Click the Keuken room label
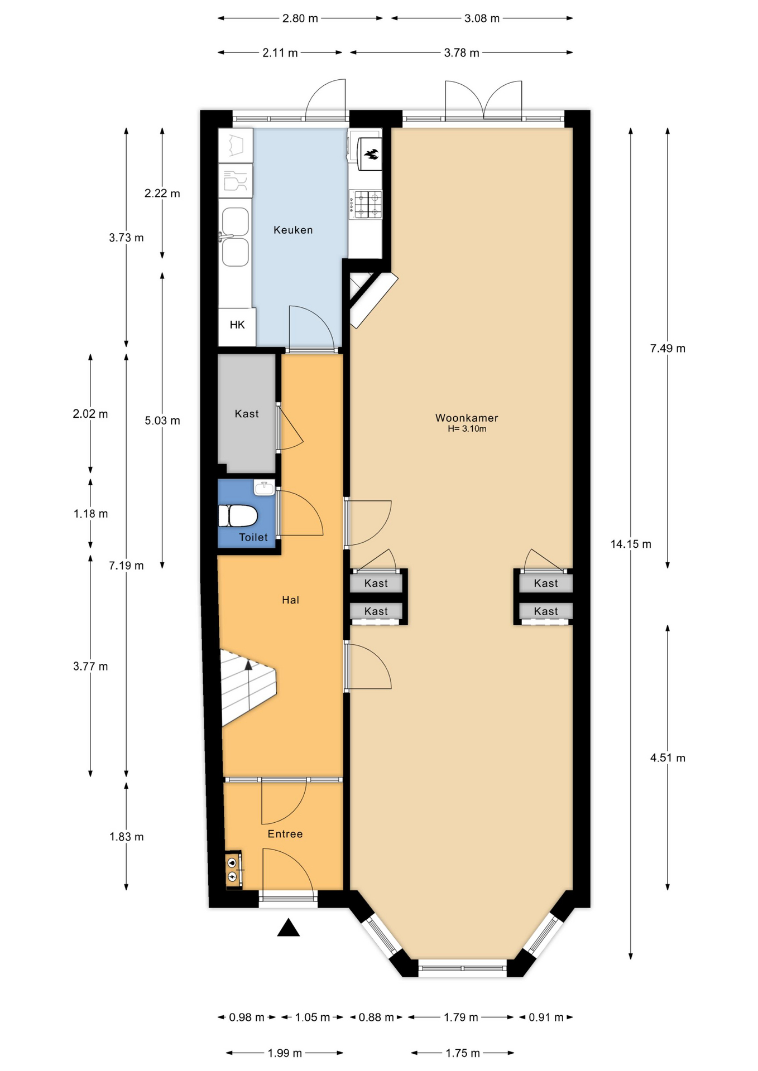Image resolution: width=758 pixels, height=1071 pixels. [293, 230]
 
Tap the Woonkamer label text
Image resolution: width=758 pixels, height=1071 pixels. [467, 418]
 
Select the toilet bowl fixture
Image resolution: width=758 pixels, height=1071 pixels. [237, 516]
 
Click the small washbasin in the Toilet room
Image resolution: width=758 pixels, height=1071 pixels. [264, 488]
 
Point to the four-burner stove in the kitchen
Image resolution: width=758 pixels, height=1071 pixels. [366, 204]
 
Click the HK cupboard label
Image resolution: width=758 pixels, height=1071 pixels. [237, 325]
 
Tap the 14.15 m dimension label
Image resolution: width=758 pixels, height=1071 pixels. [631, 544]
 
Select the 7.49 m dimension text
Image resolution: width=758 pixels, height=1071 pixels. [668, 349]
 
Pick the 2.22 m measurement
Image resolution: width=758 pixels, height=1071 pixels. [162, 194]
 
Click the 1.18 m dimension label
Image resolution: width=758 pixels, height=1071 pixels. [90, 514]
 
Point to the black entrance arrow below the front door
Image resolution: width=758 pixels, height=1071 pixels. [289, 927]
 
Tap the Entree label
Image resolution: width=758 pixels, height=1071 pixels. [285, 834]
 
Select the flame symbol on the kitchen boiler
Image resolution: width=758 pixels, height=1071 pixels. [371, 154]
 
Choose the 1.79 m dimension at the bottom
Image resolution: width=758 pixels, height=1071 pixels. [461, 1017]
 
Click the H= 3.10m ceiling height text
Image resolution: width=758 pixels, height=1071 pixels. [467, 429]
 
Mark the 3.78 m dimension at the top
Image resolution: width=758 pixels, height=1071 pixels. [462, 53]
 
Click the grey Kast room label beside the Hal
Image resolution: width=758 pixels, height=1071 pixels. [247, 414]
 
